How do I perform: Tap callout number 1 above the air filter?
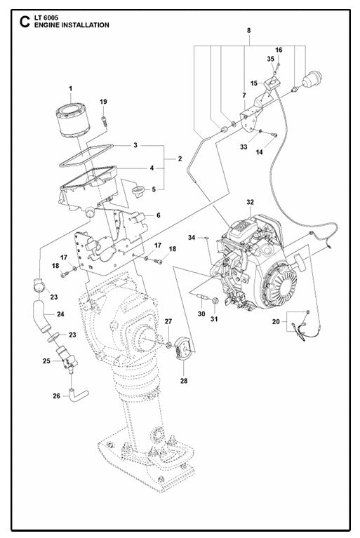(x=70, y=88)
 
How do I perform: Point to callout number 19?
(x=103, y=102)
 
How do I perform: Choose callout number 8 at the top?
(x=247, y=31)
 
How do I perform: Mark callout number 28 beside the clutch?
(x=185, y=381)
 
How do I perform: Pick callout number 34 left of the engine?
(x=192, y=239)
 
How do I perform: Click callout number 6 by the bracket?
(x=158, y=215)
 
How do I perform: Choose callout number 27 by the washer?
(x=168, y=322)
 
